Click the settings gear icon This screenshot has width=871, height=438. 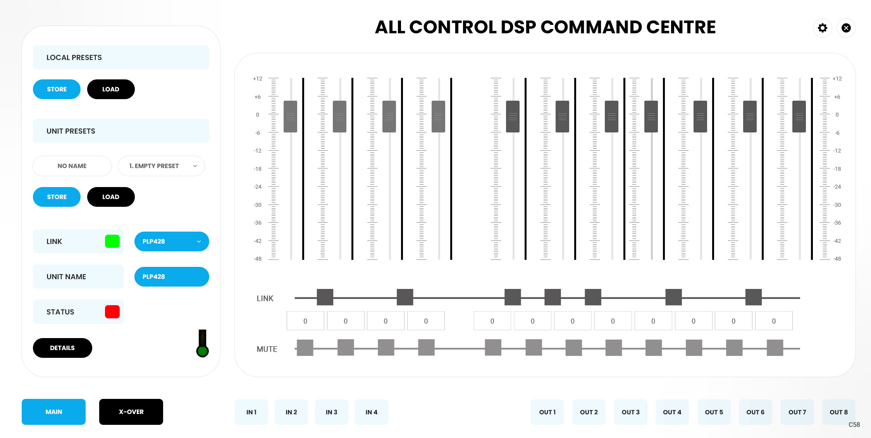click(x=822, y=28)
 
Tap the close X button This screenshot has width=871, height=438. click(x=846, y=28)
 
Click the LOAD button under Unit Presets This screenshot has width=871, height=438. click(x=111, y=197)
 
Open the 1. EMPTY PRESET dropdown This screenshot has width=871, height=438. click(x=161, y=166)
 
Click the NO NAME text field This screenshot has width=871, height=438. click(x=72, y=166)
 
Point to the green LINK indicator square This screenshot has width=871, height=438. click(x=112, y=241)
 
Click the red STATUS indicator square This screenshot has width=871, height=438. click(x=112, y=312)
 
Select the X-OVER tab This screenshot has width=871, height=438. click(x=131, y=412)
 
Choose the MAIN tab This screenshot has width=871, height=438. click(x=53, y=412)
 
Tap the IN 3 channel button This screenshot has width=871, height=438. click(x=331, y=412)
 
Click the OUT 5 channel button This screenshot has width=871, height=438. click(x=714, y=412)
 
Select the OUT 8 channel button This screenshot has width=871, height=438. click(x=838, y=412)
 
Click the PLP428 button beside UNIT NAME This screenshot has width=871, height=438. click(x=172, y=277)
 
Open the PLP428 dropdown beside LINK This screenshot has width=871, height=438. click(x=172, y=241)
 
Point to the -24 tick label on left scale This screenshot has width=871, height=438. click(x=258, y=187)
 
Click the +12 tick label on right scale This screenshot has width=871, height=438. click(x=837, y=79)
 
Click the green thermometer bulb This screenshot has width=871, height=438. click(x=202, y=351)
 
